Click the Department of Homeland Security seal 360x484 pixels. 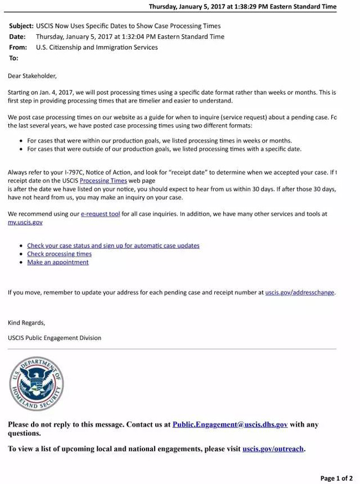pyautogui.click(x=37, y=384)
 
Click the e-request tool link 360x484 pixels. pyautogui.click(x=100, y=213)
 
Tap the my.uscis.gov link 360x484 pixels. pyautogui.click(x=25, y=222)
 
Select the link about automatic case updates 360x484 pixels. pyautogui.click(x=113, y=246)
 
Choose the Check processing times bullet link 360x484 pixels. pyautogui.click(x=59, y=254)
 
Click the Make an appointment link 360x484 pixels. pyautogui.click(x=58, y=262)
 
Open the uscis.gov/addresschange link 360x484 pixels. pyautogui.click(x=300, y=292)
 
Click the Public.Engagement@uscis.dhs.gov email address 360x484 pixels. pyautogui.click(x=230, y=425)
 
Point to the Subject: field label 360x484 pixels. pyautogui.click(x=21, y=26)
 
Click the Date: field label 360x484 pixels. pyautogui.click(x=17, y=37)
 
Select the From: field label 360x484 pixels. pyautogui.click(x=18, y=47)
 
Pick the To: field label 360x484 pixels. pyautogui.click(x=13, y=58)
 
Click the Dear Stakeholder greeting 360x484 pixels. pyautogui.click(x=32, y=75)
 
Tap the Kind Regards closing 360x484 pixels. pyautogui.click(x=27, y=322)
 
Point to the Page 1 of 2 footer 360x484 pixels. pyautogui.click(x=336, y=478)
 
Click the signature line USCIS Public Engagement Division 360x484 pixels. pyautogui.click(x=54, y=338)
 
